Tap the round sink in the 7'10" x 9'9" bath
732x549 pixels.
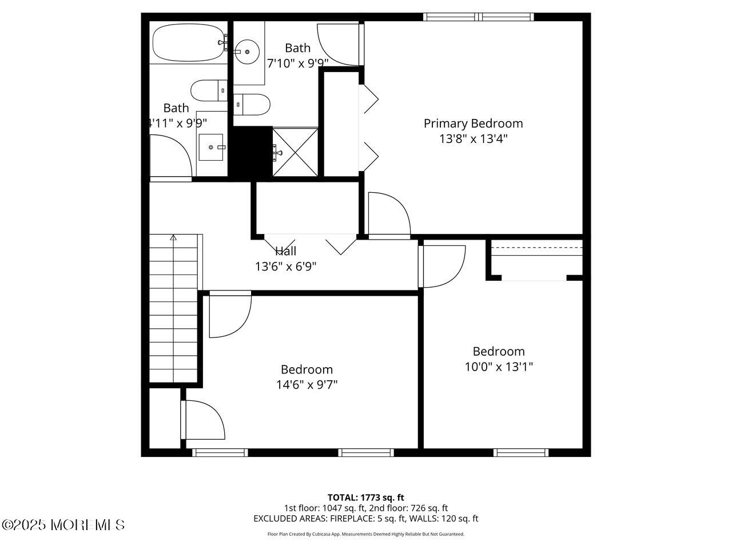click(248, 51)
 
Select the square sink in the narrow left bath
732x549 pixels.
click(211, 148)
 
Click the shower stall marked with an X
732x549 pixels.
click(295, 152)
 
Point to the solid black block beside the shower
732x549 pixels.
click(250, 151)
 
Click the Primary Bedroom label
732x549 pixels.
click(473, 124)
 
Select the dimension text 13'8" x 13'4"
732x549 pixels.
click(473, 138)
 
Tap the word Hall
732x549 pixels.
click(285, 251)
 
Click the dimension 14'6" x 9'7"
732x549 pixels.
click(307, 385)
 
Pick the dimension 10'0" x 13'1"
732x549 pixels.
click(499, 367)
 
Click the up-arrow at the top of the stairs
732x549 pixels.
click(173, 237)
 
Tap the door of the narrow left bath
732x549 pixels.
click(170, 157)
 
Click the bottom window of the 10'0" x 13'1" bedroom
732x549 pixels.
click(521, 452)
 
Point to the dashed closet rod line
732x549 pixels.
click(536, 248)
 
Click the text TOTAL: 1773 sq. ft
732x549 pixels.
click(365, 498)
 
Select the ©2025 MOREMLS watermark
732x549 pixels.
click(63, 524)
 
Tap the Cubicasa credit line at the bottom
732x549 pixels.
click(365, 534)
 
